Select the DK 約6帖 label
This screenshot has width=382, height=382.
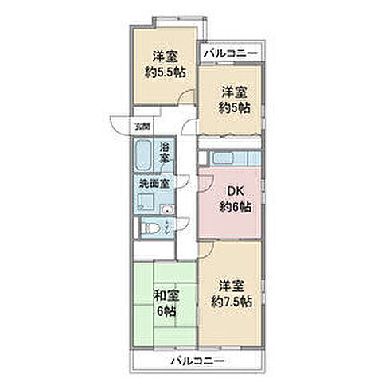click(235, 200)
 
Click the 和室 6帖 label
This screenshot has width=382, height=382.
click(166, 302)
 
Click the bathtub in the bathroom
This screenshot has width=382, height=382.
click(145, 154)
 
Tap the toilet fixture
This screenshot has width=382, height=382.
click(150, 228)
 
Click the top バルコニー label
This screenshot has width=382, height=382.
click(229, 53)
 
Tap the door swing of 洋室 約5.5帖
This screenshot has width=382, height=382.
click(186, 98)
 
